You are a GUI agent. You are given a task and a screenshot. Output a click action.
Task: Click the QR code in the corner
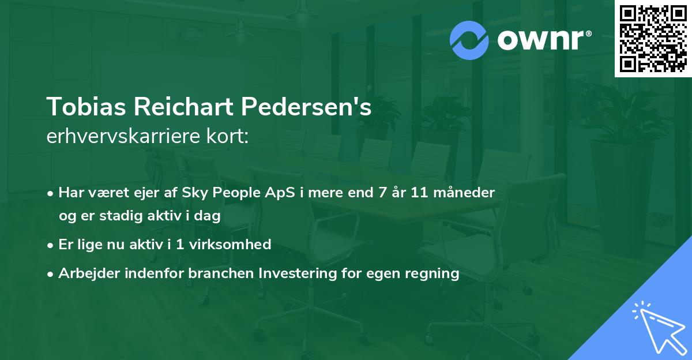[653, 38]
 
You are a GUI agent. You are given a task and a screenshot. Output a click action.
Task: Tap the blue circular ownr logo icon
[470, 39]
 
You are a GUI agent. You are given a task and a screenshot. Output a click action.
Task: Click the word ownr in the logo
[543, 40]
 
